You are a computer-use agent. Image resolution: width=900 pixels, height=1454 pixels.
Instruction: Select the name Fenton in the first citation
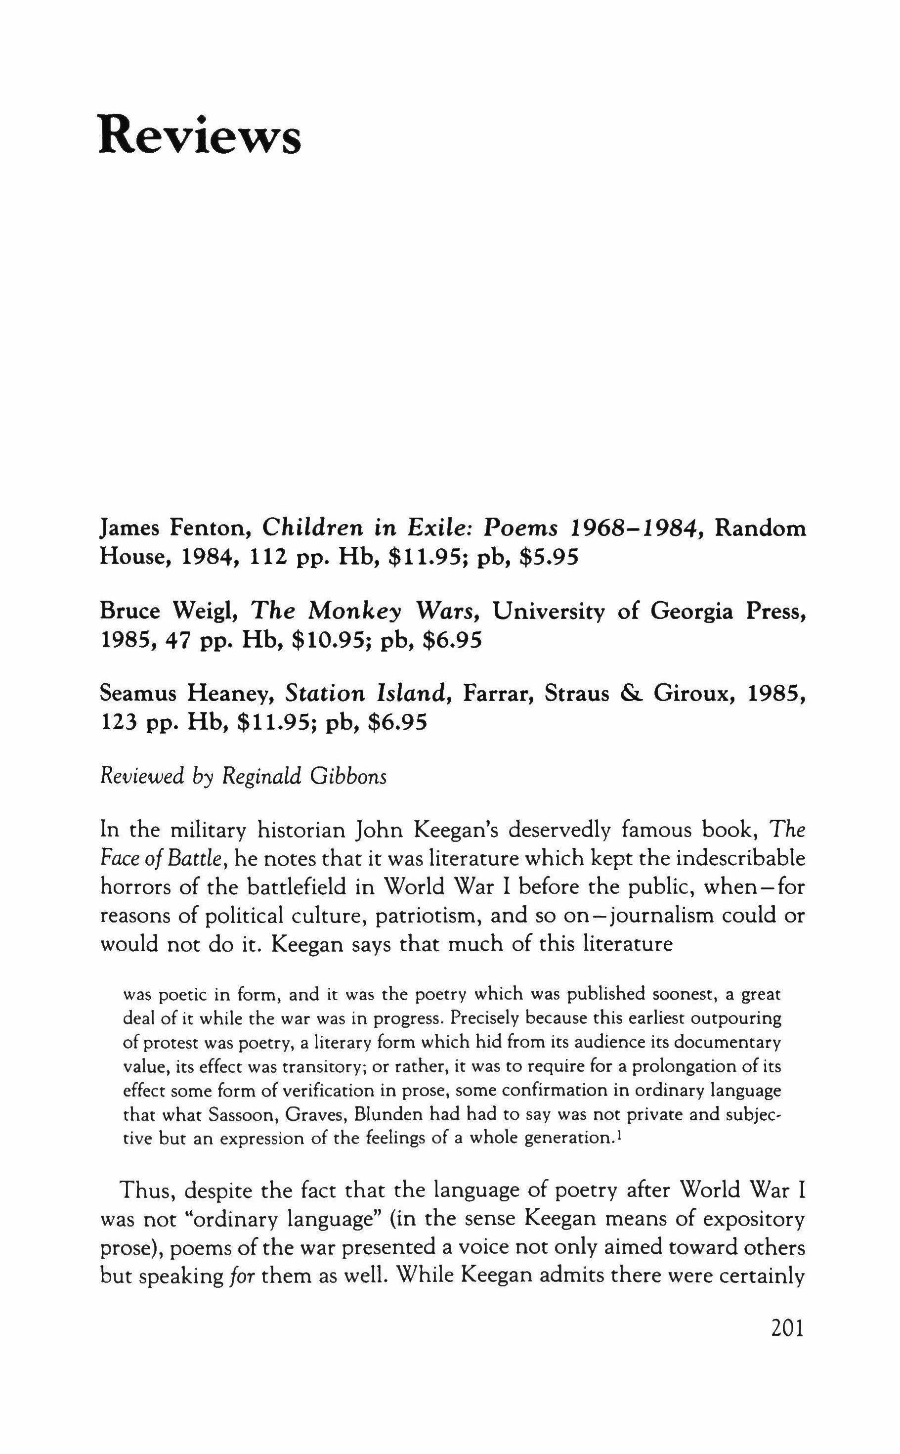[x=210, y=528]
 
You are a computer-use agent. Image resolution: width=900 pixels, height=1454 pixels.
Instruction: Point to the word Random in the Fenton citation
[x=760, y=528]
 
